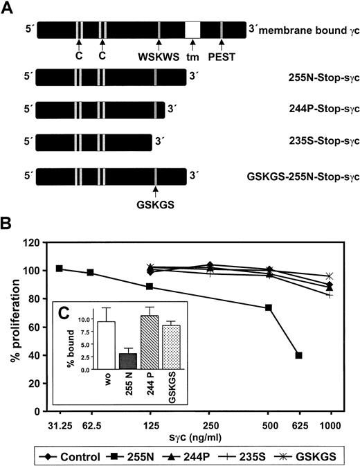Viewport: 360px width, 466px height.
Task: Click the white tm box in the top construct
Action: click(x=193, y=30)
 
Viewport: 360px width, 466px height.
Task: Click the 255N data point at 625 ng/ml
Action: click(x=298, y=355)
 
